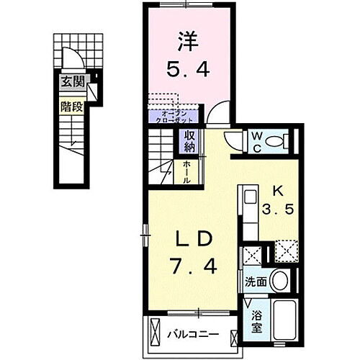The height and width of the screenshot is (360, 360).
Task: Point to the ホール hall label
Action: (x=186, y=172)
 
